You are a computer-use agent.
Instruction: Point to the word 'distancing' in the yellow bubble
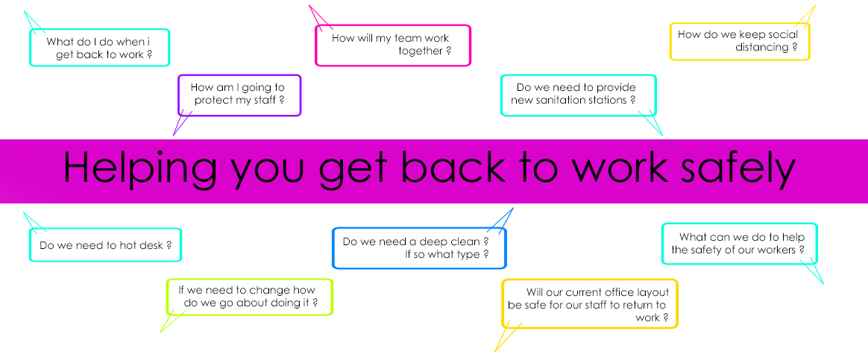tap(761, 48)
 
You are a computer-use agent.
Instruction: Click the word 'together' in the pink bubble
tap(420, 51)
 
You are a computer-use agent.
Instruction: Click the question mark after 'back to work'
tap(149, 55)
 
